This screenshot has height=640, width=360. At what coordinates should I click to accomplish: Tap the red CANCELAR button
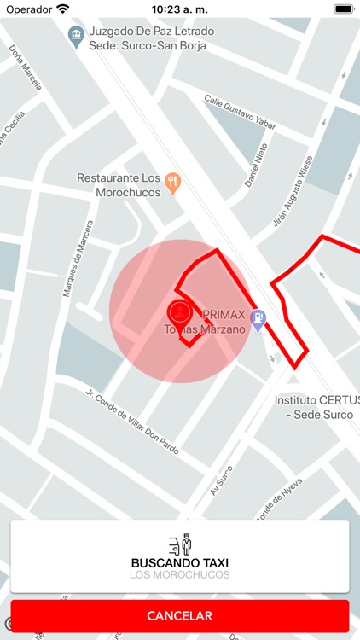coord(179,615)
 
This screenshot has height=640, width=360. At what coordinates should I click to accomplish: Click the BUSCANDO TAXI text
coord(179,563)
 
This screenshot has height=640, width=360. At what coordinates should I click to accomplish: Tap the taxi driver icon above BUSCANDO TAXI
coord(180,544)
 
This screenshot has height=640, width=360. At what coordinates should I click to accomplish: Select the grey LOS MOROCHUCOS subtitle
coord(179,575)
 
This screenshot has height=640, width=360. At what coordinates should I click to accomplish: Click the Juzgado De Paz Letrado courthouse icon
coord(75,35)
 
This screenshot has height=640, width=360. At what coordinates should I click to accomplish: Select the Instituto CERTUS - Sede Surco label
coord(313,406)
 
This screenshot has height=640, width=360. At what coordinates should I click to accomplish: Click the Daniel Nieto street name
coord(257,165)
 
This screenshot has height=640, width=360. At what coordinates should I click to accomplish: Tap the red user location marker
coord(178,311)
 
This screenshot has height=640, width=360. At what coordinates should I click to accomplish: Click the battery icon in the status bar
coord(343,9)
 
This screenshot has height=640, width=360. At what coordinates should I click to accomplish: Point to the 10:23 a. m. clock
coord(179,9)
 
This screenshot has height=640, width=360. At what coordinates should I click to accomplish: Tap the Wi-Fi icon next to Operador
coord(63,9)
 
